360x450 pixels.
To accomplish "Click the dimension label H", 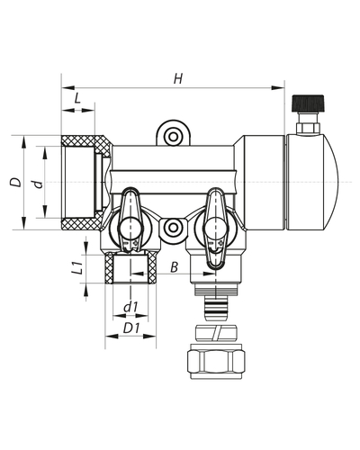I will pyautogui.click(x=177, y=79).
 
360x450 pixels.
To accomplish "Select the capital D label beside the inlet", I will pyautogui.click(x=13, y=182).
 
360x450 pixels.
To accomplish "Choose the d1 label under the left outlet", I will pyautogui.click(x=130, y=308).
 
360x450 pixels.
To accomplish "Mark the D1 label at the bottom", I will pyautogui.click(x=130, y=328).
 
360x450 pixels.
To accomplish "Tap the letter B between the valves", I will pyautogui.click(x=175, y=267).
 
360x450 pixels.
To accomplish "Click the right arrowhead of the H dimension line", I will pyautogui.click(x=280, y=88).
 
